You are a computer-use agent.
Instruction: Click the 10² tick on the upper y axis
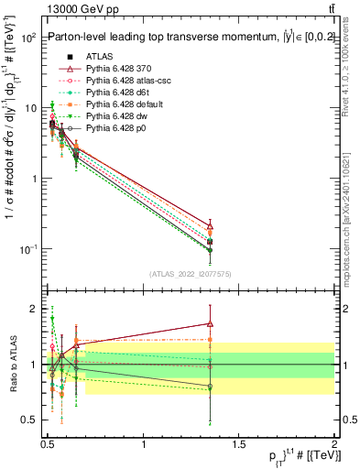(27, 38)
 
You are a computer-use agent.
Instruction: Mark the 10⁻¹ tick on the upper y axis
(27, 249)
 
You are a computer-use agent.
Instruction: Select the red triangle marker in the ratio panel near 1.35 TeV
(211, 323)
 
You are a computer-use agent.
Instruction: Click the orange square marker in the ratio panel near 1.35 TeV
(211, 340)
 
